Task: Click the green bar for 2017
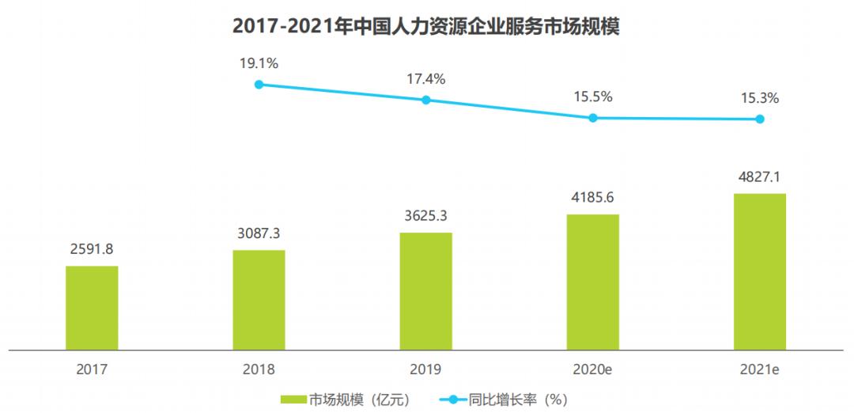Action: pos(92,307)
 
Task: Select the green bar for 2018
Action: pos(259,299)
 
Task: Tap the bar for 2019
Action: pos(425,290)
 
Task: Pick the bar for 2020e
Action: pos(592,281)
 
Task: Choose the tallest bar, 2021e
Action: pos(759,271)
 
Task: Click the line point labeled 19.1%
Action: pos(259,84)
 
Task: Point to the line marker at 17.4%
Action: pos(425,100)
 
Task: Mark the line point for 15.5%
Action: pos(592,118)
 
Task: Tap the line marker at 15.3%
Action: pos(759,119)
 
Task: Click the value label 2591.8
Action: pos(92,249)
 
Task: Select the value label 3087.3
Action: pos(259,233)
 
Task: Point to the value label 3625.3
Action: pos(425,216)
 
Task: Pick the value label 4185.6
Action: pos(592,198)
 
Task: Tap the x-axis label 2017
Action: pos(92,369)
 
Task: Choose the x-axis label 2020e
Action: pos(592,369)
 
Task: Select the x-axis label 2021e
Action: pos(759,369)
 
